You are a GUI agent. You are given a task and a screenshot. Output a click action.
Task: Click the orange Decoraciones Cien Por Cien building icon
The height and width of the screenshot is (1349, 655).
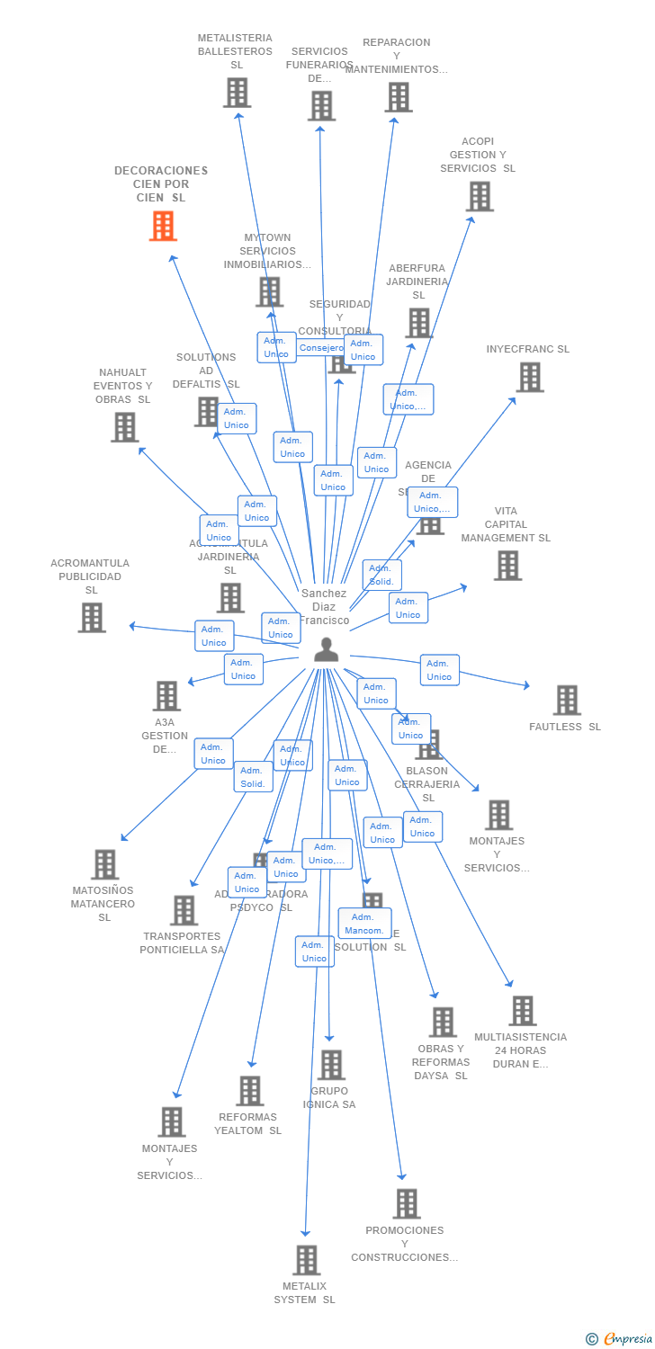click(x=163, y=226)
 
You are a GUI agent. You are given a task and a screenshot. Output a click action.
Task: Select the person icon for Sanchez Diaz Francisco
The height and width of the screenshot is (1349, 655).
click(x=326, y=650)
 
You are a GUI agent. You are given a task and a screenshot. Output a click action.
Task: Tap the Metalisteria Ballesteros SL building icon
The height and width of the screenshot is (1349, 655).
click(x=237, y=93)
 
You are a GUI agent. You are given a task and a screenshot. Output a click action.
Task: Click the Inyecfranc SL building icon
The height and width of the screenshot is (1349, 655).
click(x=530, y=377)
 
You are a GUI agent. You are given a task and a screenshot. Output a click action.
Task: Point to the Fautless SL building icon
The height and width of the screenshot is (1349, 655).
click(x=567, y=700)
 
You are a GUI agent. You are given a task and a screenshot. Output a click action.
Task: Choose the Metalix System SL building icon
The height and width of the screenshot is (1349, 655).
click(x=306, y=1260)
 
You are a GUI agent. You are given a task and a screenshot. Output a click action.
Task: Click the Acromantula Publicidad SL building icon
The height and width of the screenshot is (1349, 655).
click(x=91, y=617)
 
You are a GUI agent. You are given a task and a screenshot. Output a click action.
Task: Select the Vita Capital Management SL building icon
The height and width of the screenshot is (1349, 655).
click(x=507, y=565)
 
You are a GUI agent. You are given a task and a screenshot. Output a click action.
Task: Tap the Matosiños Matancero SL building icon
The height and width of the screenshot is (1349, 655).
click(x=104, y=864)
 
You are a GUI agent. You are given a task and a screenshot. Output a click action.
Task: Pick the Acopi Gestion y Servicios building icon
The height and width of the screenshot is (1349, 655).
click(x=480, y=196)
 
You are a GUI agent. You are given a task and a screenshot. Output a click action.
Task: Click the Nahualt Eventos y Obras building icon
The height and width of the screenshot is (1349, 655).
click(x=124, y=427)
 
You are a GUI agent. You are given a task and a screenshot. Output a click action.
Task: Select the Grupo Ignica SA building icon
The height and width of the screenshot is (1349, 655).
click(x=331, y=1065)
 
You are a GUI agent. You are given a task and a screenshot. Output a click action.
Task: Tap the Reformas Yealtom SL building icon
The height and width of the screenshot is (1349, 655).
click(x=249, y=1091)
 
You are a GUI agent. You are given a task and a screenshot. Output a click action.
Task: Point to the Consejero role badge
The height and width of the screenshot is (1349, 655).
click(x=321, y=347)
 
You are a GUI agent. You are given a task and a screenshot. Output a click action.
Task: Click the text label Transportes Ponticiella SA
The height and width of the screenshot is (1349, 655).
click(x=182, y=943)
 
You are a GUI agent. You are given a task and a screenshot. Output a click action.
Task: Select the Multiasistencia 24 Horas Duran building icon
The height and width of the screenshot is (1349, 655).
click(x=522, y=1011)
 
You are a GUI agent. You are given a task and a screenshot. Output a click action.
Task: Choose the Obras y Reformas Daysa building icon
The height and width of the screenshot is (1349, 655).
click(x=442, y=1022)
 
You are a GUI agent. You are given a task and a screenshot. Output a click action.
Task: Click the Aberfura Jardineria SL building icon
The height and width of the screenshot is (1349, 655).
click(x=418, y=323)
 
